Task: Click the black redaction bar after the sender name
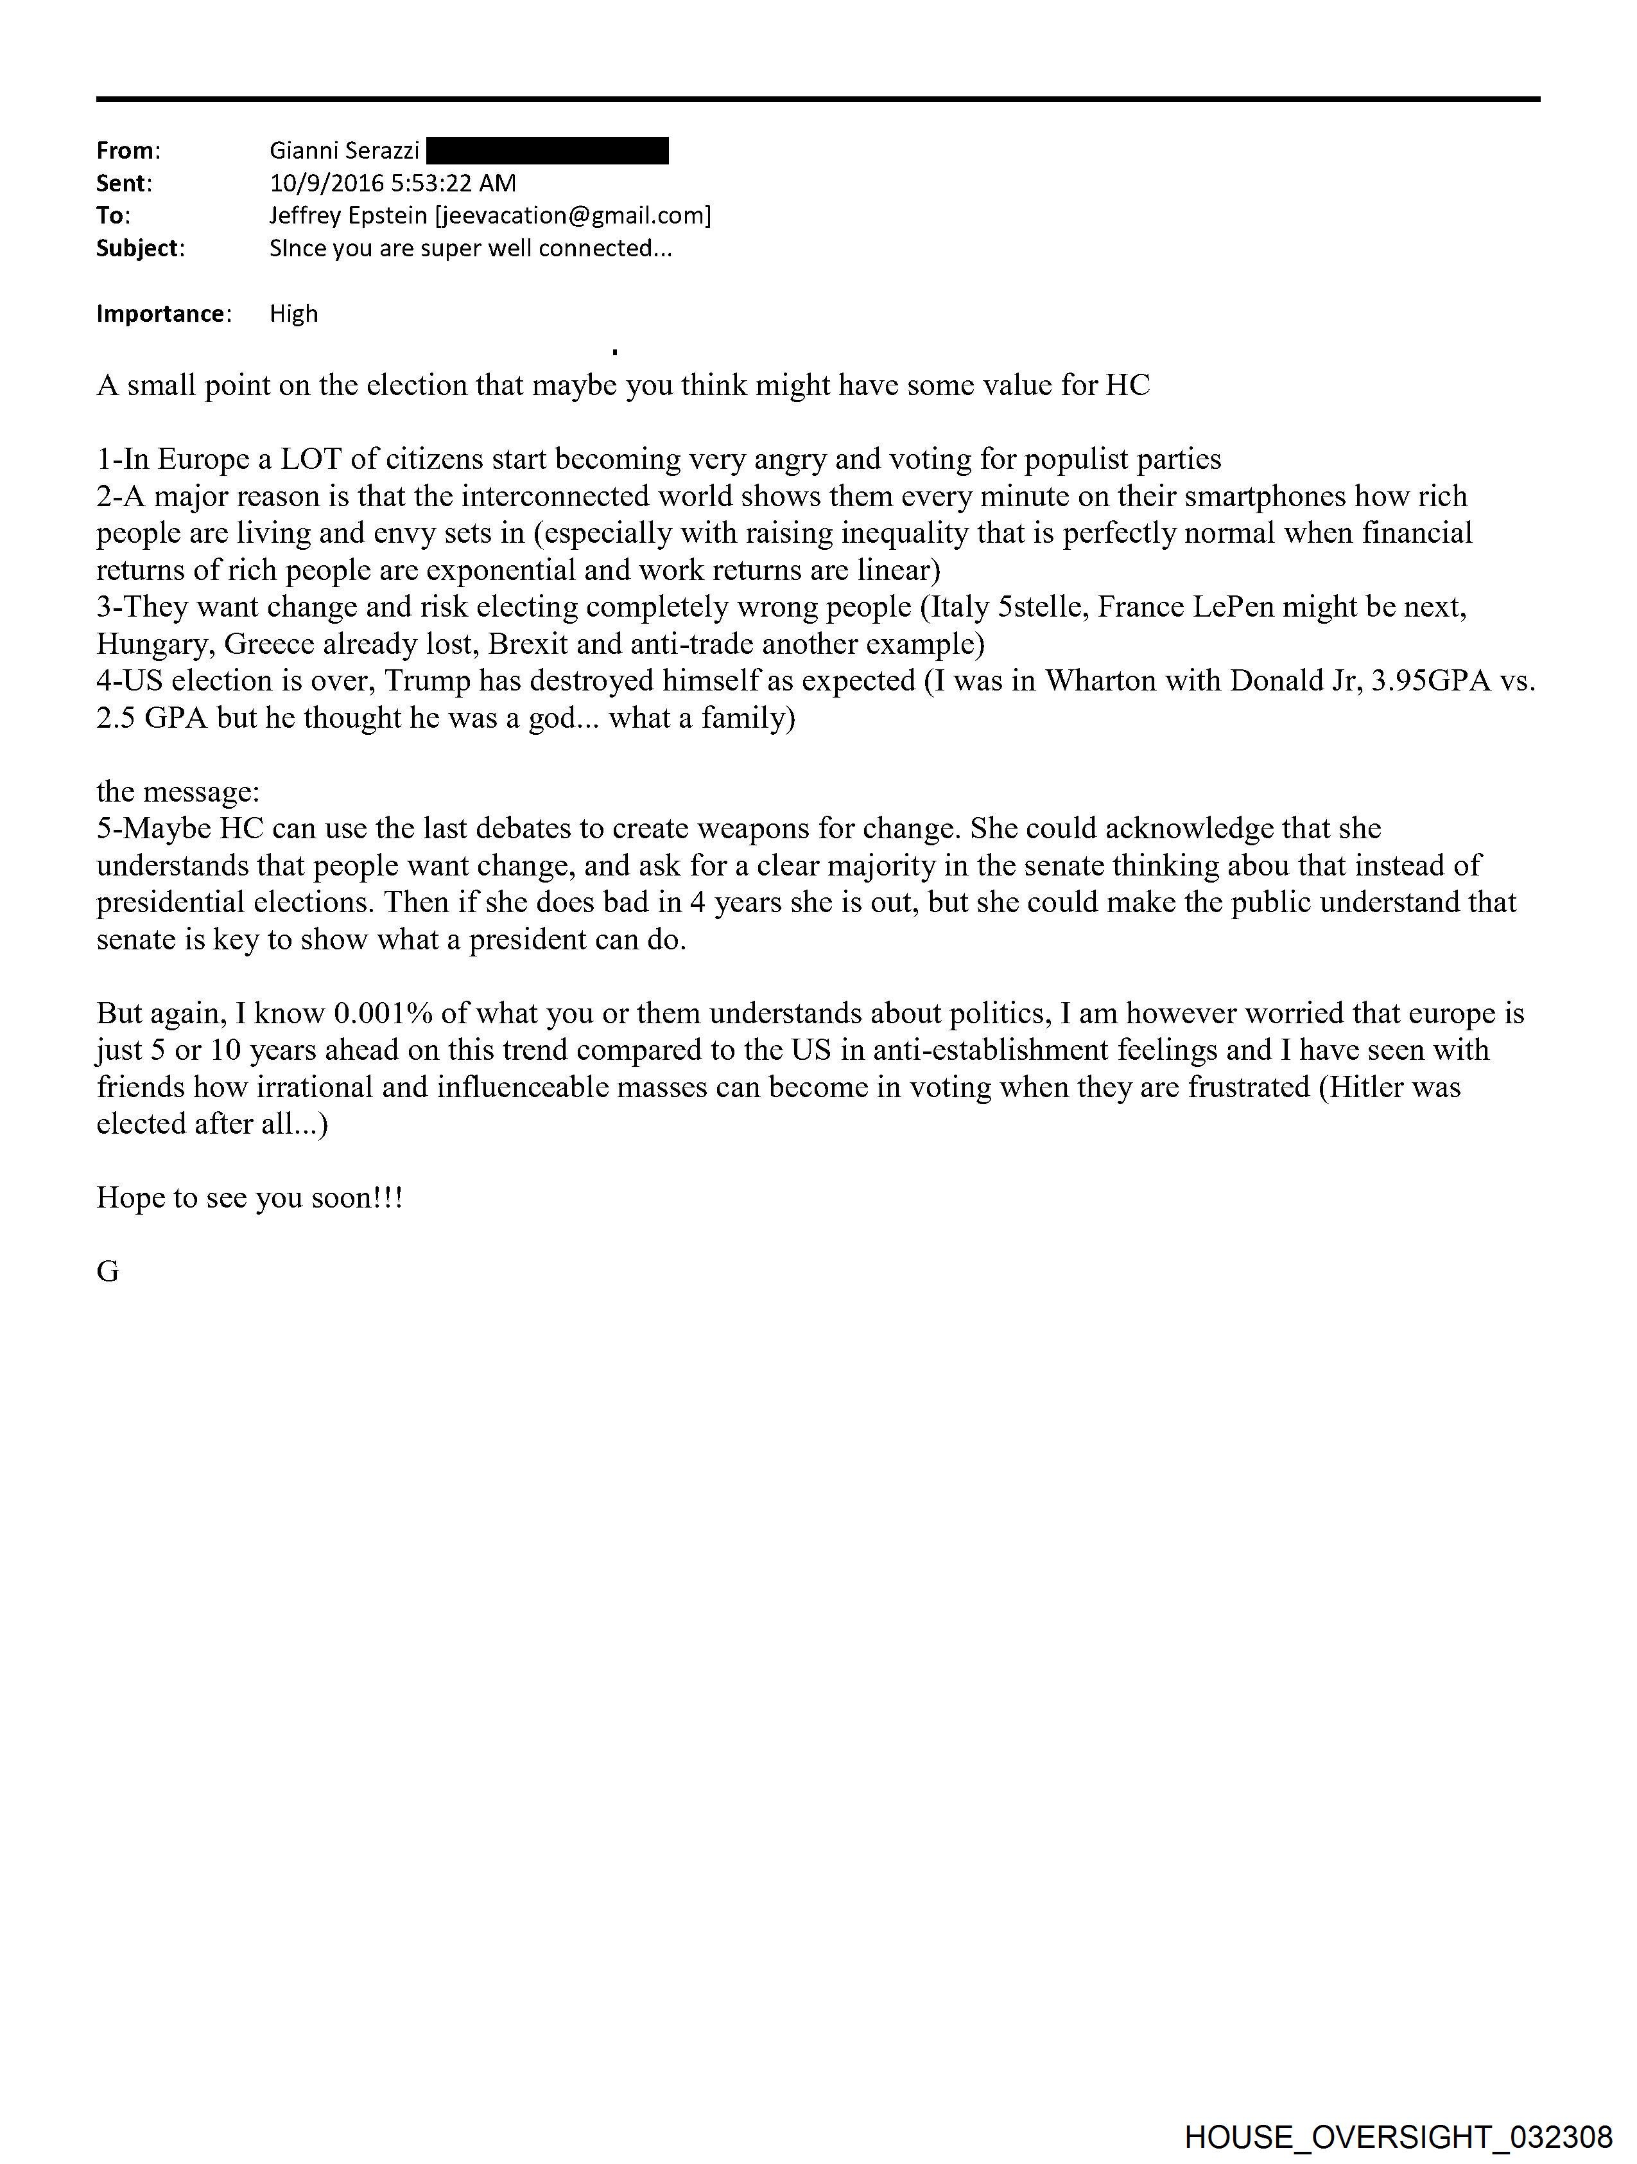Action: click(x=548, y=151)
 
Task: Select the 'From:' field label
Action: click(x=127, y=151)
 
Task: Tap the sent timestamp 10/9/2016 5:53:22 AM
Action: click(x=392, y=183)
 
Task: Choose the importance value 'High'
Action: click(x=293, y=314)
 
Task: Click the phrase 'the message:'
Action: click(x=178, y=791)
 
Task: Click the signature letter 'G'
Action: click(x=108, y=1271)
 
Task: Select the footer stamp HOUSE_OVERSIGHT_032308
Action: click(x=1398, y=2136)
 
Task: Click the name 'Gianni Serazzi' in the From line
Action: click(x=344, y=151)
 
